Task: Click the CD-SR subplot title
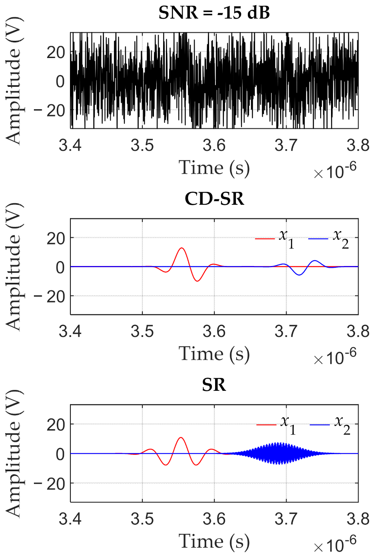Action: pos(214,199)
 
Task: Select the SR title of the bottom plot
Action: pos(214,385)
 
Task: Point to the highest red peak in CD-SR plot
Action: pos(182,248)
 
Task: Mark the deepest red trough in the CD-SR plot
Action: pos(197,281)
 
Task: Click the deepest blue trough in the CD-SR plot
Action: pos(299,275)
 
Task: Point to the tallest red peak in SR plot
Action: pos(182,438)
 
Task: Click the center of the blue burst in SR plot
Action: pos(276,454)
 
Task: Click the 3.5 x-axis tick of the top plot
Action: pos(142,145)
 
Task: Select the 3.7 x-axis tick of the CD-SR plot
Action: pos(286,332)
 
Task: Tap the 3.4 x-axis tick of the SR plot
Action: pos(70,519)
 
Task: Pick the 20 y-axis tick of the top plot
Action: pos(56,52)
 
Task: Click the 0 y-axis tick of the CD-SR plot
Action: pos(60,267)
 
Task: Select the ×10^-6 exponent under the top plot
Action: pos(335,172)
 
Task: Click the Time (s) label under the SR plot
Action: pos(214,541)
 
